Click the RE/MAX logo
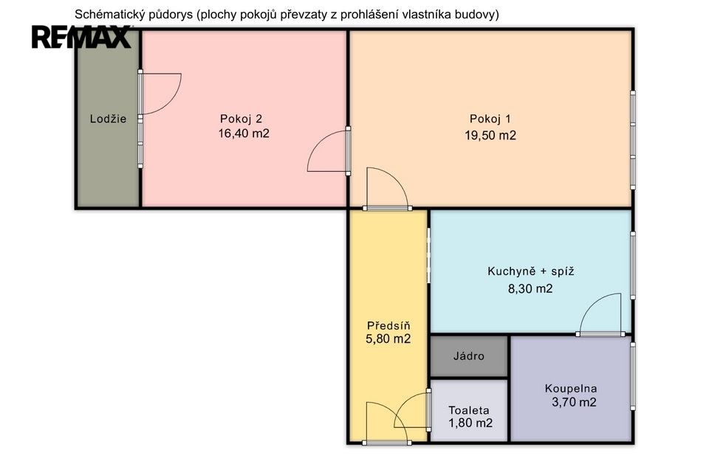point(81,37)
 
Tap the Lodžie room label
point(108,119)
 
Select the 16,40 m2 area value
point(244,133)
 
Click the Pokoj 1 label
point(490,119)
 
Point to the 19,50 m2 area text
point(490,136)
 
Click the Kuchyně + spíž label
point(531,271)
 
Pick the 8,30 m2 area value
point(530,288)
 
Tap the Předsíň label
point(388,325)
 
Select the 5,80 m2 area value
point(388,339)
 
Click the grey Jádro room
point(469,356)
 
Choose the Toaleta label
point(469,410)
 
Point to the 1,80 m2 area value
point(470,423)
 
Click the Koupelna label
point(571,389)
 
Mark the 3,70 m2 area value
point(574,402)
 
